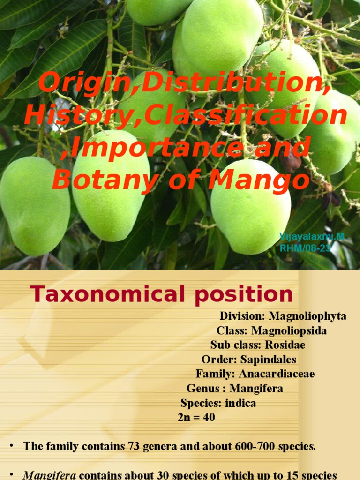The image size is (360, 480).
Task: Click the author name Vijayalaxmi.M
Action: pyautogui.click(x=312, y=236)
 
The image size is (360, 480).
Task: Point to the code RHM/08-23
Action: pyautogui.click(x=305, y=248)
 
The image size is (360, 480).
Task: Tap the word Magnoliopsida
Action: pyautogui.click(x=289, y=330)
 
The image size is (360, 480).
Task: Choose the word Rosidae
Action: pyautogui.click(x=285, y=345)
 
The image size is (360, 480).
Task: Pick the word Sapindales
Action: pyautogui.click(x=268, y=360)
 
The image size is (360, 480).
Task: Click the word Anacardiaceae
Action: pyautogui.click(x=277, y=374)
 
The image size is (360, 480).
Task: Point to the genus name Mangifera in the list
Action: pyautogui.click(x=256, y=388)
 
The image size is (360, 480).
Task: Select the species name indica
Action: pyautogui.click(x=240, y=403)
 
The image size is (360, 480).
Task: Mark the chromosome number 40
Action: pyautogui.click(x=209, y=417)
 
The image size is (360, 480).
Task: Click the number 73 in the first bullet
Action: pyautogui.click(x=133, y=446)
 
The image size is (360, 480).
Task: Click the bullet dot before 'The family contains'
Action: pyautogui.click(x=11, y=446)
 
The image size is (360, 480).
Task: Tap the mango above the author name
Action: pyautogui.click(x=251, y=206)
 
